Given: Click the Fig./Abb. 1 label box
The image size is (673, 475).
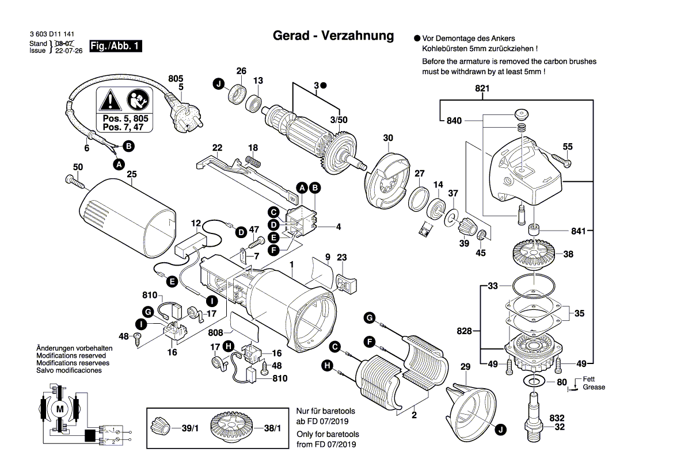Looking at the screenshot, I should [115, 47].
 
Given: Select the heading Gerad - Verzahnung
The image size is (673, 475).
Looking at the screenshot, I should [333, 36].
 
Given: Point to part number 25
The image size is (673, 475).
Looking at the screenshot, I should [131, 174].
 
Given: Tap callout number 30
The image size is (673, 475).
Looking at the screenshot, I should [388, 138].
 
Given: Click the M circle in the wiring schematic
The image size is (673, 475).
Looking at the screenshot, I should [60, 408].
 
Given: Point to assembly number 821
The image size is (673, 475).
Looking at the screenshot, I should [482, 89].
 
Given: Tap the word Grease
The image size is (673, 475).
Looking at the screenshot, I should [594, 388].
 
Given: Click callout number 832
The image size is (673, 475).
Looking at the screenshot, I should [557, 418].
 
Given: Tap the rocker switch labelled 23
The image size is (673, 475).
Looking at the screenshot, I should [345, 283].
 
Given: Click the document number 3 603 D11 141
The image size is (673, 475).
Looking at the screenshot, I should [51, 36].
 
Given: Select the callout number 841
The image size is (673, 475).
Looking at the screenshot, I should [578, 231].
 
